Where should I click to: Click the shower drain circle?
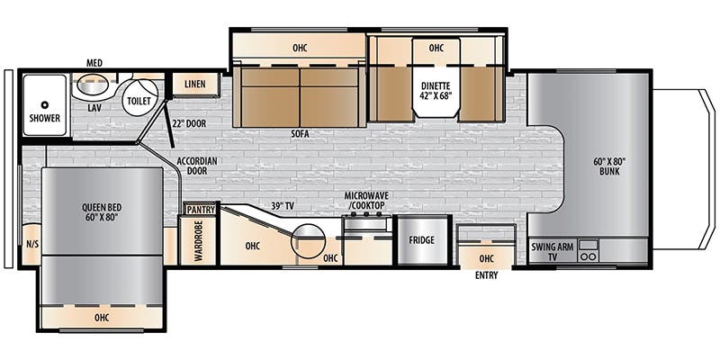click(44, 104)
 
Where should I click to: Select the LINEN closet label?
click(194, 84)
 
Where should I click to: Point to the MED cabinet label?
click(94, 63)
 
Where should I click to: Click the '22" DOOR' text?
click(190, 124)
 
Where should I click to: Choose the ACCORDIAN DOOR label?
click(197, 166)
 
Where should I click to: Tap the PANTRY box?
click(201, 210)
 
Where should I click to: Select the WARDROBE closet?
click(198, 239)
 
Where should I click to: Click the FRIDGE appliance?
click(422, 239)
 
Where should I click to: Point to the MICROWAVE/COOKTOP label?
click(366, 200)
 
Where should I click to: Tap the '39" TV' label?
click(282, 206)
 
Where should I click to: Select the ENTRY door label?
click(486, 275)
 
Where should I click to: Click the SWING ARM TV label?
click(553, 252)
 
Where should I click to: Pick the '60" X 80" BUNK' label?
click(610, 166)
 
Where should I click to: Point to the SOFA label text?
click(299, 134)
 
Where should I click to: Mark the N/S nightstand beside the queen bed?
click(31, 244)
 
